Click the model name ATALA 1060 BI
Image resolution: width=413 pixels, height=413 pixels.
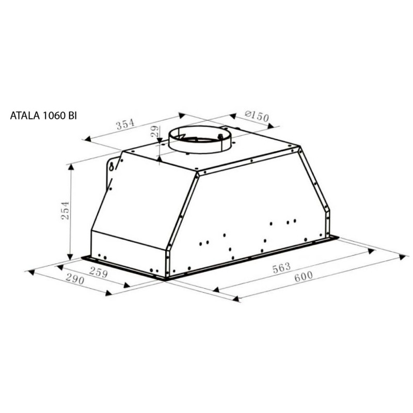[x=43, y=116]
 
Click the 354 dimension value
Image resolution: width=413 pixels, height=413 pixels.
[x=125, y=124]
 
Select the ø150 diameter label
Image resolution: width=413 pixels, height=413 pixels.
[x=257, y=116]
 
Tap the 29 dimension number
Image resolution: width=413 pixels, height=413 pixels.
[x=155, y=131]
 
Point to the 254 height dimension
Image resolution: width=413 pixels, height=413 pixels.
[x=65, y=210]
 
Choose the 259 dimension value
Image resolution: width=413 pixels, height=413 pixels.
[x=98, y=272]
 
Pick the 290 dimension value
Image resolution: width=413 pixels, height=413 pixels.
[x=75, y=279]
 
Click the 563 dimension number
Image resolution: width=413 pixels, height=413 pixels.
[x=281, y=267]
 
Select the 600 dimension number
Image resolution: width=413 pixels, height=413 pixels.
[x=304, y=276]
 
